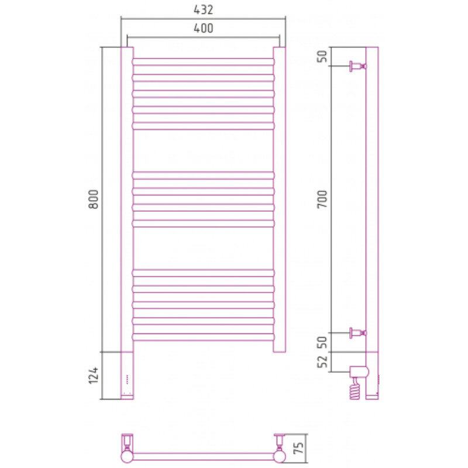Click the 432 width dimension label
click(203, 10)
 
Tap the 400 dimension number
click(203, 28)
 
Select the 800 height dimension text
click(94, 199)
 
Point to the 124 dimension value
click(94, 376)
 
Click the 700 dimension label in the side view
click(323, 199)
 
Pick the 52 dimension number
click(323, 362)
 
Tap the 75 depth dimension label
click(299, 448)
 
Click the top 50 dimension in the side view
click(323, 56)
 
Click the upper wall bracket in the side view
click(358, 66)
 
